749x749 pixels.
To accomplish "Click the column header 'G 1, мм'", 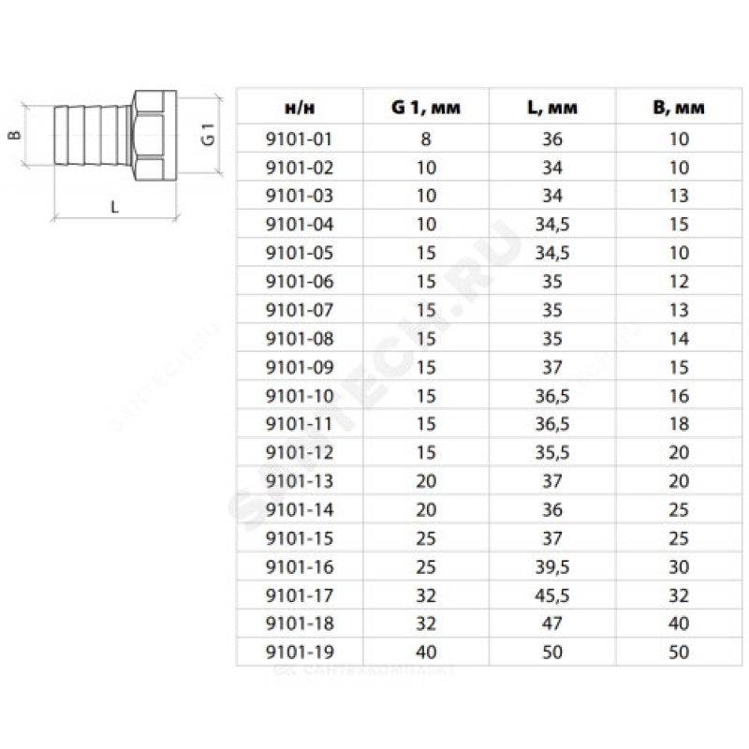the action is click(x=426, y=108).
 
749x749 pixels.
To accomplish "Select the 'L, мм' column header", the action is click(x=552, y=108).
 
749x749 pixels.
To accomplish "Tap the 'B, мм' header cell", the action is click(x=679, y=108).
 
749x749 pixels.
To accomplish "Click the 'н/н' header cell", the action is click(x=300, y=109).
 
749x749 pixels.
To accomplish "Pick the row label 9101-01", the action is click(x=299, y=139).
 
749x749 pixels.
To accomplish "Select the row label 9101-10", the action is click(x=299, y=396).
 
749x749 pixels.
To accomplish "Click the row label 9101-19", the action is click(x=299, y=652).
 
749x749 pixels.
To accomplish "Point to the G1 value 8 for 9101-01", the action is click(x=426, y=139).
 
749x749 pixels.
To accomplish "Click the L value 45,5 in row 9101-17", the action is click(x=552, y=595).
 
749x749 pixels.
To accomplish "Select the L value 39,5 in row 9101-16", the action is click(x=552, y=567).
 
